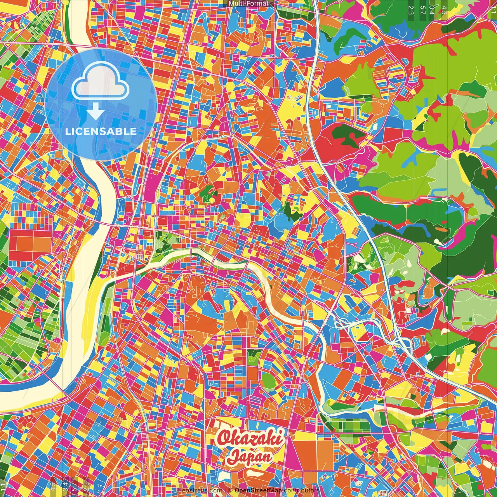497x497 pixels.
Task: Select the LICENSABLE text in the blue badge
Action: click(101, 131)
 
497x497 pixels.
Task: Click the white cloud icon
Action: click(100, 80)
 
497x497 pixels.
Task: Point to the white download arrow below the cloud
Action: click(95, 111)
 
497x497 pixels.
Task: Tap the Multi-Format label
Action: click(248, 3)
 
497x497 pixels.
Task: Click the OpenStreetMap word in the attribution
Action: click(258, 490)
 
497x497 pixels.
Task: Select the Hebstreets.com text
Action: click(200, 490)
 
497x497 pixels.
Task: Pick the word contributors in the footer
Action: click(302, 490)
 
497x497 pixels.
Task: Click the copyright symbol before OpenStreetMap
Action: click(230, 490)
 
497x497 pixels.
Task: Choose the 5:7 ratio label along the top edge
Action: click(422, 10)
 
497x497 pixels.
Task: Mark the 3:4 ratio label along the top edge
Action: click(432, 10)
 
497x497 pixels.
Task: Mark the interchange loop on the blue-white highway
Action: click(402, 342)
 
